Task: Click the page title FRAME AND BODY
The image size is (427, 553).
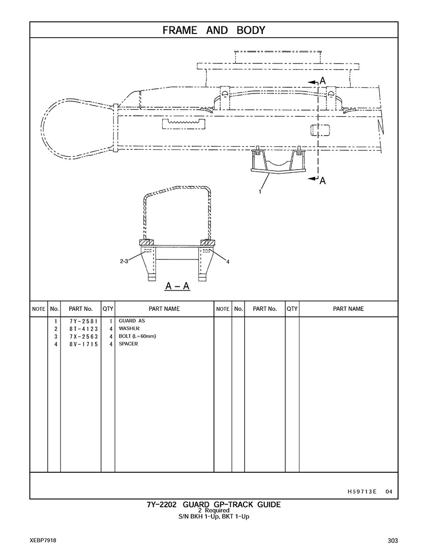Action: [x=213, y=30]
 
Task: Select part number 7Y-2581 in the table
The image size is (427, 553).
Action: [x=80, y=321]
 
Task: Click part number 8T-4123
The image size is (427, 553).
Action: [x=80, y=329]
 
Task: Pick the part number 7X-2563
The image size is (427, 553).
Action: [x=80, y=337]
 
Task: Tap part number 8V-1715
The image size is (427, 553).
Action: [x=80, y=344]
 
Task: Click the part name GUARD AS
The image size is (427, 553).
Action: [x=128, y=321]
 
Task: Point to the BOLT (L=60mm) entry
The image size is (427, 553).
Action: [x=137, y=337]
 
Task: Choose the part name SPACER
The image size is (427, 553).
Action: [x=128, y=344]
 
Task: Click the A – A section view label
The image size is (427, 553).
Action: [x=177, y=287]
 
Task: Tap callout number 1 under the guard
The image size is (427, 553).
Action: [x=260, y=192]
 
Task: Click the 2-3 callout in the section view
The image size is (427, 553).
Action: [x=124, y=262]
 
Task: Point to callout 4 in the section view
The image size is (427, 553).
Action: [x=228, y=262]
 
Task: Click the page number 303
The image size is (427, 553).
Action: [x=391, y=540]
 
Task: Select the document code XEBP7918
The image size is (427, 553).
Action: [x=43, y=540]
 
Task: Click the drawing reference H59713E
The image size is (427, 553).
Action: [x=362, y=492]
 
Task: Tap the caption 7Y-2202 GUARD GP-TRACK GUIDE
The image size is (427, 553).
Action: [x=213, y=505]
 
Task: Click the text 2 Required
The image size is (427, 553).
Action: [x=213, y=510]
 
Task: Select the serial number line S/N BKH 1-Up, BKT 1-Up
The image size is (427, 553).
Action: [x=213, y=516]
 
